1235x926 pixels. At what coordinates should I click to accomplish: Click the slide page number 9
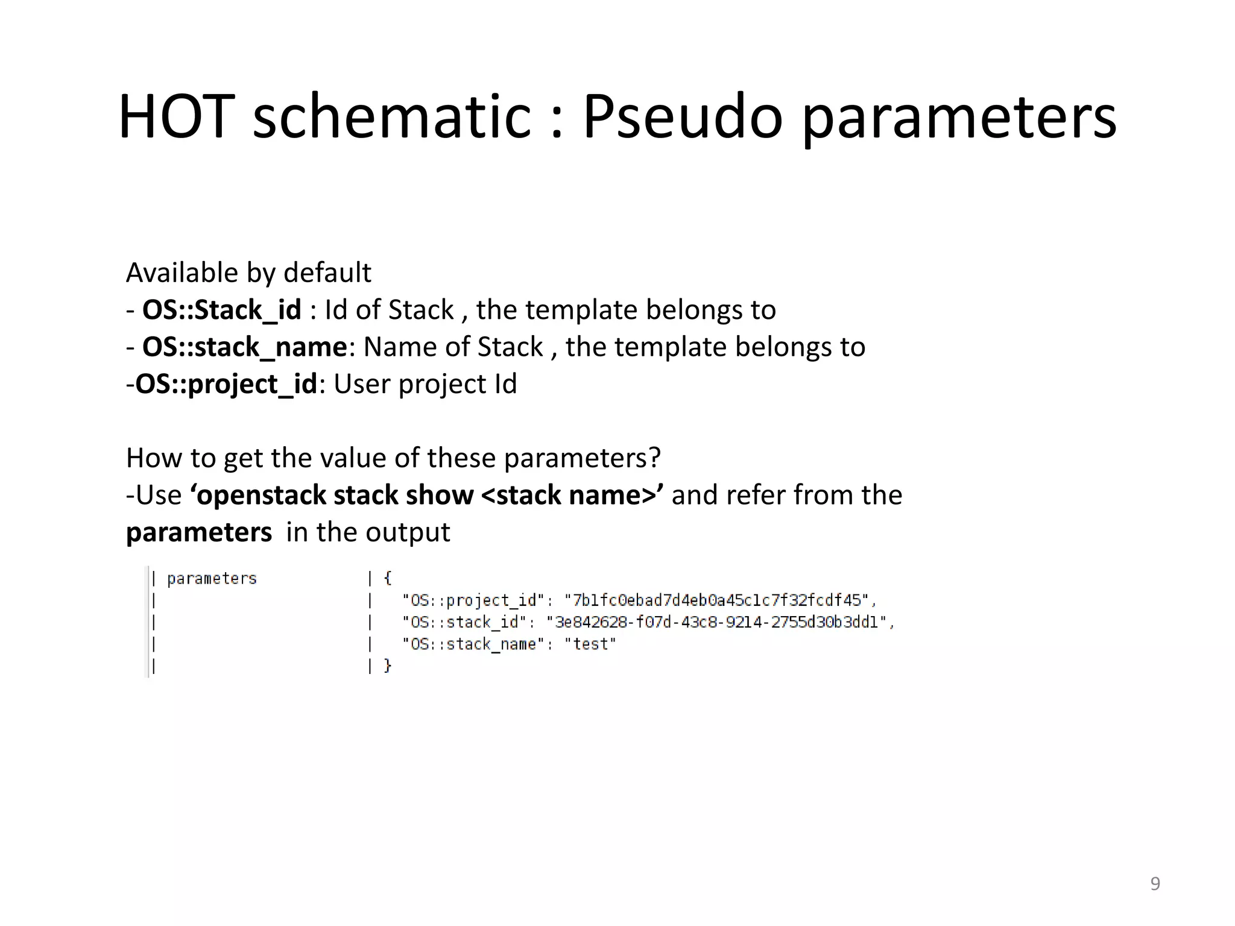pyautogui.click(x=1155, y=883)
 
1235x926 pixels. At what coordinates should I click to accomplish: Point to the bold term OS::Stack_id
pyautogui.click(x=221, y=310)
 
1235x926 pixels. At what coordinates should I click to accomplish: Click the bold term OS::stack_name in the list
pyautogui.click(x=244, y=347)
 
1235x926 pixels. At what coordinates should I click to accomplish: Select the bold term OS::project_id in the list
pyautogui.click(x=226, y=384)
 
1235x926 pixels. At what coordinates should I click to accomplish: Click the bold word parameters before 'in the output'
pyautogui.click(x=199, y=532)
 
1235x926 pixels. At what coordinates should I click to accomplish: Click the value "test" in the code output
pyautogui.click(x=590, y=644)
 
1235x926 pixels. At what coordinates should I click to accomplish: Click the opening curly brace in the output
pyautogui.click(x=388, y=578)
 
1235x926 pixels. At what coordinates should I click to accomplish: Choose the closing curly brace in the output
pyautogui.click(x=388, y=666)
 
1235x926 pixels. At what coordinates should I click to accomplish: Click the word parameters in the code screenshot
pyautogui.click(x=212, y=579)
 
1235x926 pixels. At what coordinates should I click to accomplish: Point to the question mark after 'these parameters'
pyautogui.click(x=655, y=458)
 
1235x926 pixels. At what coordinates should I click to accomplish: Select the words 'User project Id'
pyautogui.click(x=425, y=384)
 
